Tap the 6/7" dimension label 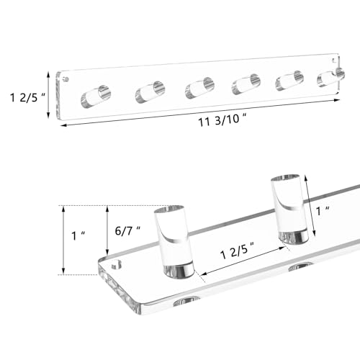click(127, 231)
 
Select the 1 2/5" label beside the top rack click(27, 97)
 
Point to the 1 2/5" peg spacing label click(238, 251)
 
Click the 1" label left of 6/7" click(78, 235)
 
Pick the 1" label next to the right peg click(323, 211)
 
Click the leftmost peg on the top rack click(96, 96)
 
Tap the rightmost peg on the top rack click(331, 77)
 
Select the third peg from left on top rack click(199, 88)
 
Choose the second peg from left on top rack click(150, 92)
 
